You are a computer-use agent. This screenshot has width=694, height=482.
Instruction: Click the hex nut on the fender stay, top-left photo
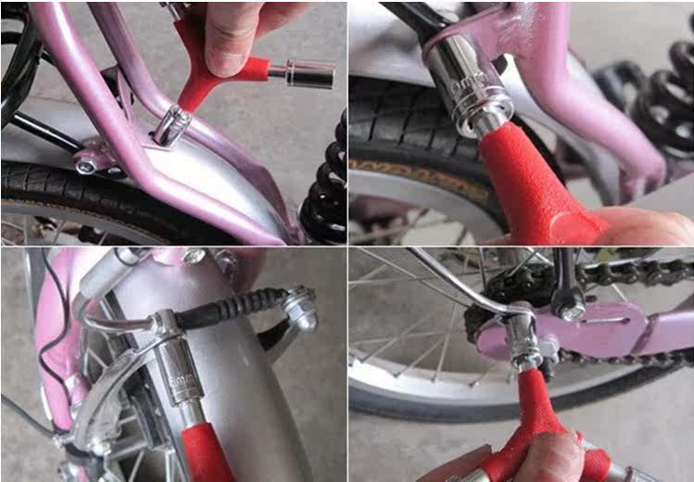point(86,164)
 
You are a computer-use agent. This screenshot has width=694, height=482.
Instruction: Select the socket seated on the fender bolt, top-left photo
point(170,124)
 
